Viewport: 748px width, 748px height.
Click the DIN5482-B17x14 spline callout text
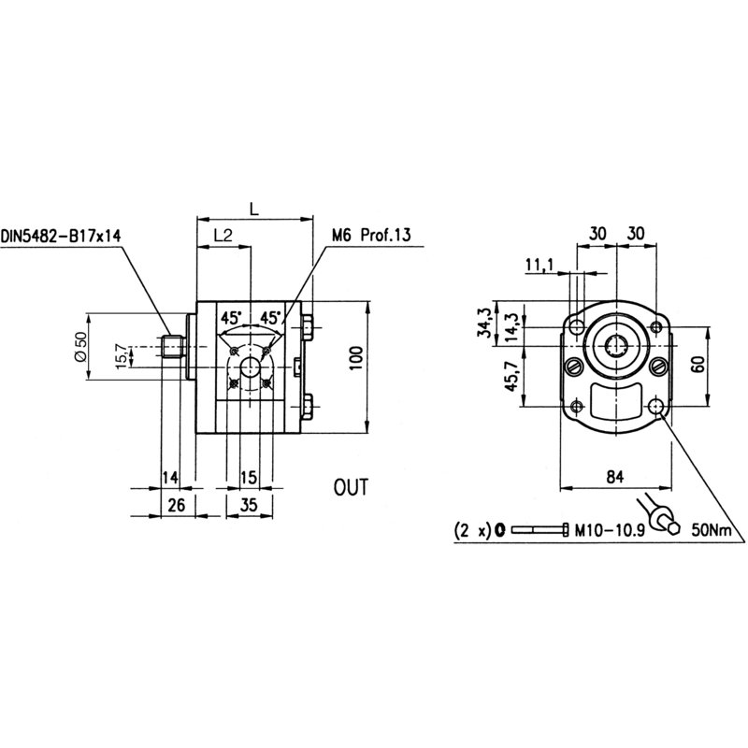coord(62,236)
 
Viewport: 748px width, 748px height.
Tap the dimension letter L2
coord(223,236)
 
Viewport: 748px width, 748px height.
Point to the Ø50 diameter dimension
coord(79,347)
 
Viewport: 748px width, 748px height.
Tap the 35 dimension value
coord(248,506)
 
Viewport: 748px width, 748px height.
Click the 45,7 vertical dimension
coord(509,378)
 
